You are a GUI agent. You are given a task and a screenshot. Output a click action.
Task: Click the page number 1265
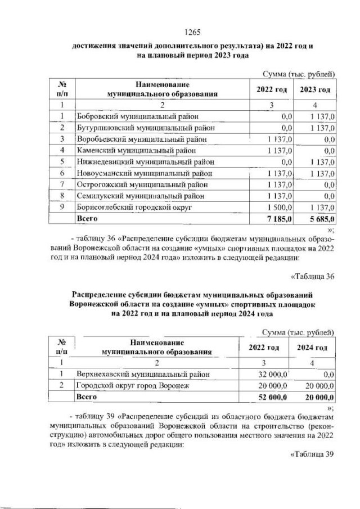tap(193, 32)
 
